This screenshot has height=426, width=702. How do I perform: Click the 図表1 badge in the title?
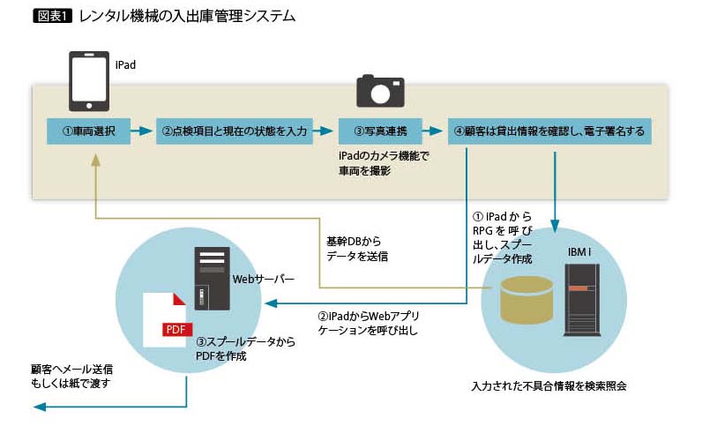coord(52,16)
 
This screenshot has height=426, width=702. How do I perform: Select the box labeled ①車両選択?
coord(89,131)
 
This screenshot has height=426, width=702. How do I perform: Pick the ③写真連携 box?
coord(380,131)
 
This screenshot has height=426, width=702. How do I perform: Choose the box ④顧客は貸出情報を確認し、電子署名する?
coord(549,131)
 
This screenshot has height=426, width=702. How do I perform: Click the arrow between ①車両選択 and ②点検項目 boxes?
coord(142,131)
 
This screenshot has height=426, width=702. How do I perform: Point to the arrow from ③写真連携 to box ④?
coord(434,131)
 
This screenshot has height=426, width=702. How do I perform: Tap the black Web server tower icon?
coord(212,278)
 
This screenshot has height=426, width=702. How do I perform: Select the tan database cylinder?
coord(526,301)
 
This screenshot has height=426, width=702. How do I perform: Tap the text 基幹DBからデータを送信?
coord(357,248)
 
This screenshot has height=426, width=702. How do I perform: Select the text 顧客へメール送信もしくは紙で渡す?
coord(72,376)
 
